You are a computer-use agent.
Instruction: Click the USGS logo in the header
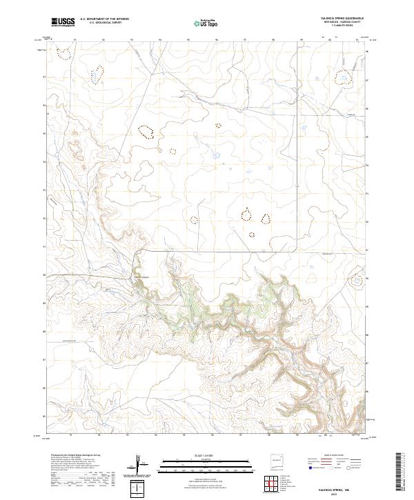[x=63, y=22]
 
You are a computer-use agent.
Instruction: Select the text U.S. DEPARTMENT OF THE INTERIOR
[x=104, y=19]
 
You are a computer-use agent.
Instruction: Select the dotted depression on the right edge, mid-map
[x=356, y=280]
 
